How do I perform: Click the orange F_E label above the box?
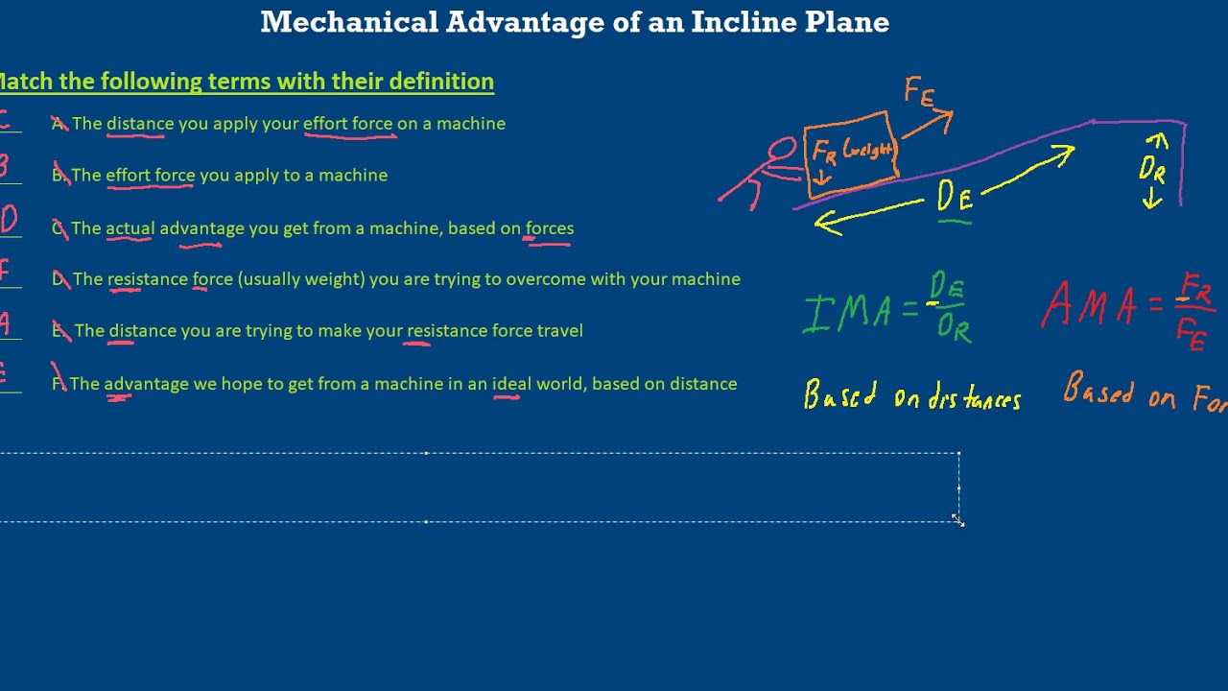918,93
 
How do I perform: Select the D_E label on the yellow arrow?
955,198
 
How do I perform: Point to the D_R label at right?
1152,171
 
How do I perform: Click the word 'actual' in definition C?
130,228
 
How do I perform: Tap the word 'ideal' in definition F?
511,384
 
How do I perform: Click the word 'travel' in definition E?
559,331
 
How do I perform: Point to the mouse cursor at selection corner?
957,519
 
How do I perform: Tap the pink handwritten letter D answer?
9,221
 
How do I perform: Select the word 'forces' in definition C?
550,228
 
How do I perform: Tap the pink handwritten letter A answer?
5,323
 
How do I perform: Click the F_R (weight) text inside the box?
852,151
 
